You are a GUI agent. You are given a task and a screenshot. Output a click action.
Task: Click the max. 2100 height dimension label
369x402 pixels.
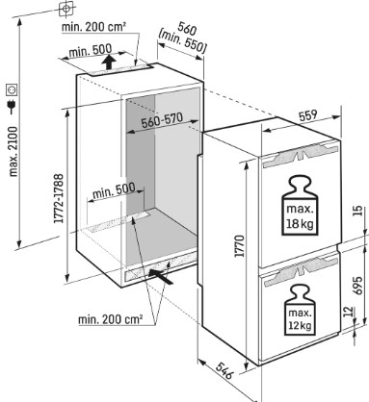click(x=13, y=151)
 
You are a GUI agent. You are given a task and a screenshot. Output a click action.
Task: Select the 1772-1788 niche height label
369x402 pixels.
click(x=58, y=198)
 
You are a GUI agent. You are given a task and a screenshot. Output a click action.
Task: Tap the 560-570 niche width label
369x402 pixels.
click(x=162, y=120)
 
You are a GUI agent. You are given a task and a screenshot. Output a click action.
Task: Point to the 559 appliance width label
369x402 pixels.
click(x=308, y=115)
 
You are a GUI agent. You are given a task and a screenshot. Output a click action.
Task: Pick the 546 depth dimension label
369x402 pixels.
click(x=224, y=370)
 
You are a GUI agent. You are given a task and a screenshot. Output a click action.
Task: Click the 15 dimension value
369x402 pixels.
click(x=358, y=211)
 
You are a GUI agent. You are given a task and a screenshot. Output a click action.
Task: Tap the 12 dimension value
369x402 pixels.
click(x=348, y=312)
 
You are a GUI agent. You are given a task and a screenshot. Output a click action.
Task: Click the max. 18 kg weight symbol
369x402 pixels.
click(x=299, y=205)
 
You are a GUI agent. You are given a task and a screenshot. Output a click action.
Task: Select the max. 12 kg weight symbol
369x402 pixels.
click(x=300, y=310)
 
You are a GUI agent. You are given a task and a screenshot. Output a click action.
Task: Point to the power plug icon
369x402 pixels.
click(x=12, y=106)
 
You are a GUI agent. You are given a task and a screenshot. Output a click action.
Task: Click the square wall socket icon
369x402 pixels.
click(x=13, y=89)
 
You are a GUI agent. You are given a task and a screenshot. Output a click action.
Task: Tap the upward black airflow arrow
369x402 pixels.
click(x=110, y=62)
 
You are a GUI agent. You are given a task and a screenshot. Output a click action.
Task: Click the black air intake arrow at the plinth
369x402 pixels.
click(x=161, y=276)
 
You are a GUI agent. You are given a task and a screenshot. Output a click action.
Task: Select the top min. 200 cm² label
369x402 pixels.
click(x=93, y=27)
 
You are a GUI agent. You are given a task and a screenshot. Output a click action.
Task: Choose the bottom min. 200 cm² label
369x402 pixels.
click(x=110, y=319)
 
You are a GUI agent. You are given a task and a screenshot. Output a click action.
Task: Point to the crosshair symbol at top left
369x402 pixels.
click(x=66, y=9)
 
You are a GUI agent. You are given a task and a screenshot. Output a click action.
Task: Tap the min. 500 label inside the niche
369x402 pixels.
click(x=114, y=191)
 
